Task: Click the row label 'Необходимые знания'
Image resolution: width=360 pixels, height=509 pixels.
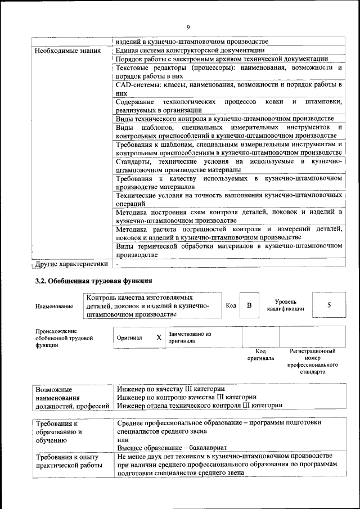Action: coord(68,51)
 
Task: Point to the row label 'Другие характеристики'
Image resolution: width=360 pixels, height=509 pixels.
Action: coord(71,263)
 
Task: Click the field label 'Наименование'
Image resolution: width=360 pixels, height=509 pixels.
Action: coord(54,307)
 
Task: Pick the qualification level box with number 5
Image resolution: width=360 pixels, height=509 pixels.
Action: coord(328,305)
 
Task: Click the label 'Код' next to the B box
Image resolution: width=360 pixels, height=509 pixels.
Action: coord(231,305)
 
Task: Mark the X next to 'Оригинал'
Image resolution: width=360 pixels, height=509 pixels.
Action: coord(159,337)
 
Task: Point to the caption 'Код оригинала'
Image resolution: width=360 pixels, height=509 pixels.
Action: coord(260,354)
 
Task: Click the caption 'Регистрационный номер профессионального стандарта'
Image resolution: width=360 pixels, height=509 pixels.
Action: coord(313,361)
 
